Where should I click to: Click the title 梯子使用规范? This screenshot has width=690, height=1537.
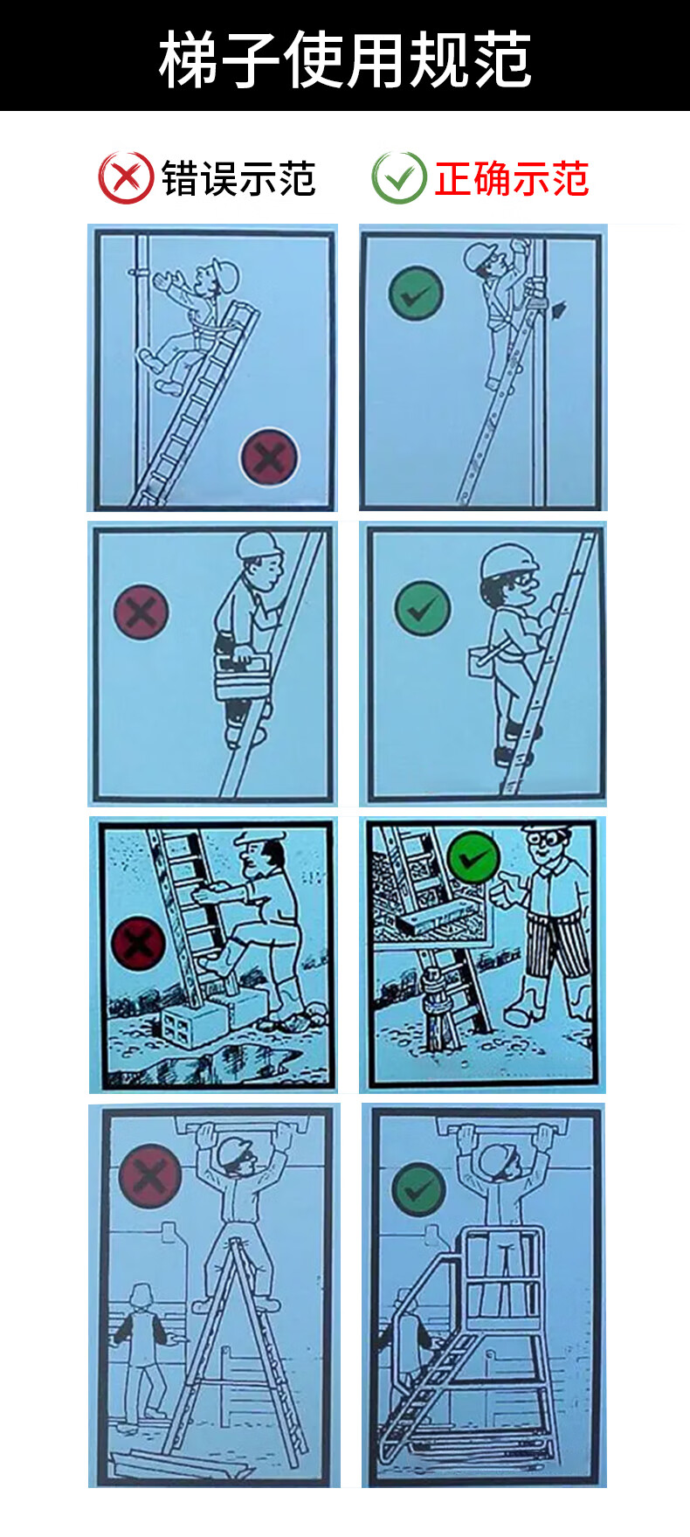[345, 59]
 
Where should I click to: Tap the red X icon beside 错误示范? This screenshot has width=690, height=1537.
[126, 178]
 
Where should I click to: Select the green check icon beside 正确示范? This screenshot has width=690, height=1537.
[399, 178]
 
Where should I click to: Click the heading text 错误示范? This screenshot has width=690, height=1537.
[238, 179]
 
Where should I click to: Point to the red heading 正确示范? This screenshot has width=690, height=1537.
[512, 179]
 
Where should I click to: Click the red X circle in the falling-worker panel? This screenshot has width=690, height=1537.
[269, 457]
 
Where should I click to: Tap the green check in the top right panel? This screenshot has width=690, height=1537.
[416, 294]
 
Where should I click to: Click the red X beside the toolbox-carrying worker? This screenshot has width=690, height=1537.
[141, 612]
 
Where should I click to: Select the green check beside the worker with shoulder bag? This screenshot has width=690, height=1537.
[423, 608]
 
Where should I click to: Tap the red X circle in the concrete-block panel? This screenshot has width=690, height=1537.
[138, 944]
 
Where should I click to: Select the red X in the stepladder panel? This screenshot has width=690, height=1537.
[149, 1176]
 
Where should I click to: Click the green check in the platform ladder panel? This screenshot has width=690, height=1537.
[418, 1189]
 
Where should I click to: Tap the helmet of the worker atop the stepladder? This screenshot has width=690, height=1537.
[235, 1153]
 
